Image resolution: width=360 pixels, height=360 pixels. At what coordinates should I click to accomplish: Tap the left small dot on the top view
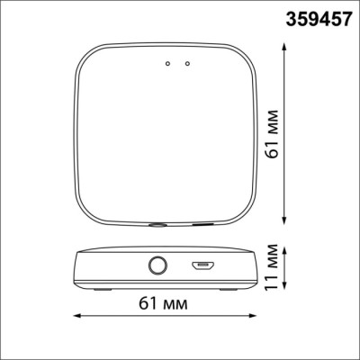166,63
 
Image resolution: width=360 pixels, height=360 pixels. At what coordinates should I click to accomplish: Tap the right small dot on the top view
186,63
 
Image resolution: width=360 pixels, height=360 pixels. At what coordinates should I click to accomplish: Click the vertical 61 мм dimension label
273,136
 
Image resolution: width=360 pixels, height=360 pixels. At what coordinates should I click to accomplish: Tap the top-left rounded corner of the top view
86,56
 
